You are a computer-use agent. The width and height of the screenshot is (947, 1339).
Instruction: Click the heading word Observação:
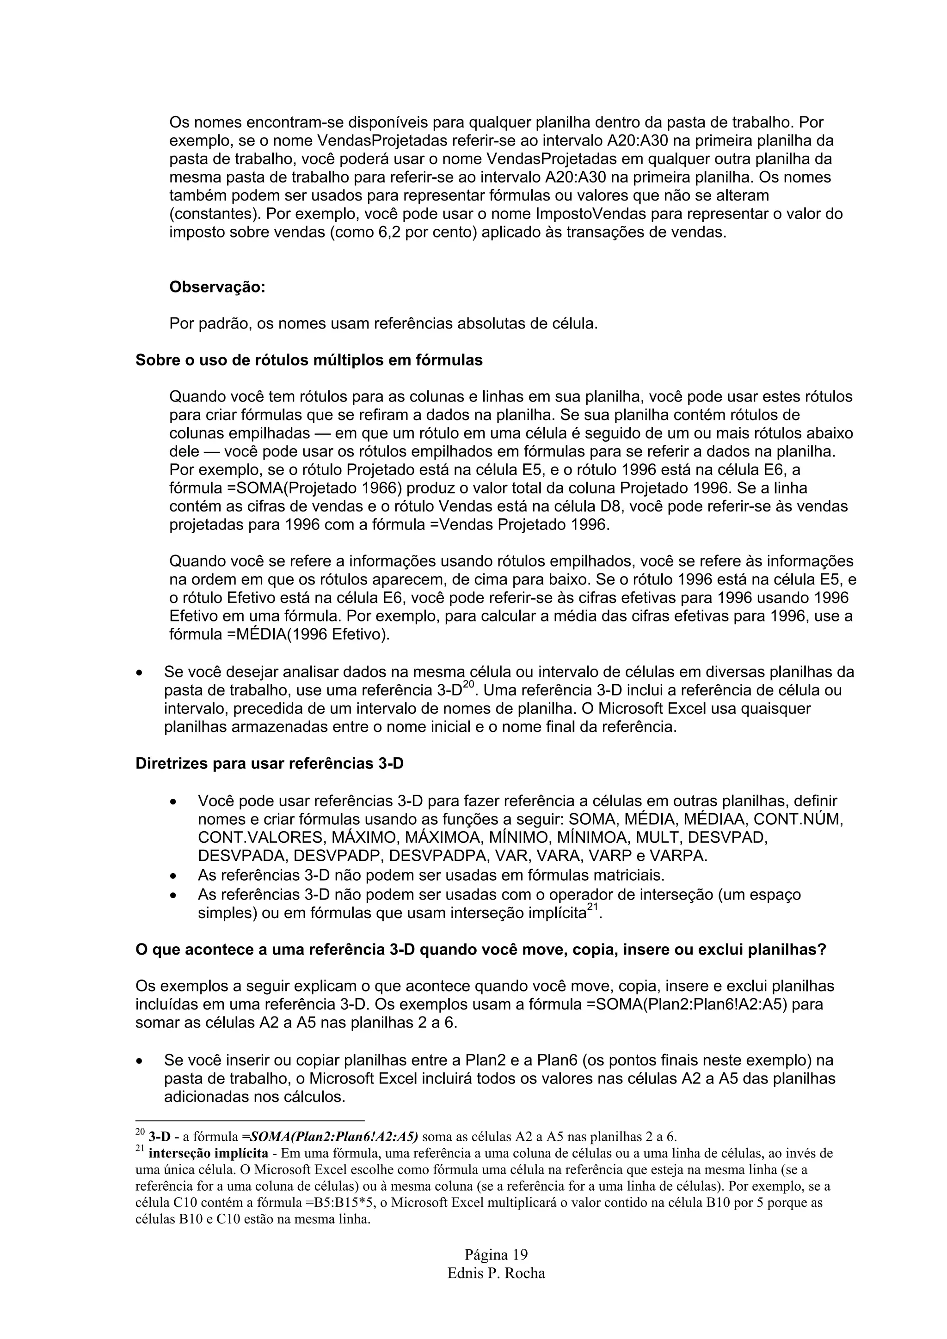[x=217, y=287]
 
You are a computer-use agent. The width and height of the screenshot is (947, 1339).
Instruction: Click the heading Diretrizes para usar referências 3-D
[x=269, y=763]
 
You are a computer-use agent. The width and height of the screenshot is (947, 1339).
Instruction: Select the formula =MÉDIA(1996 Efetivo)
[x=279, y=634]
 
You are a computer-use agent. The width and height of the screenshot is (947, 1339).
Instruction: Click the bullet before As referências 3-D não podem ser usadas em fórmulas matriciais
[x=173, y=876]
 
